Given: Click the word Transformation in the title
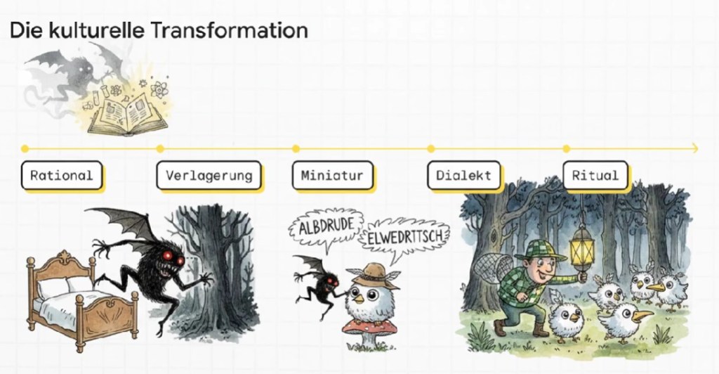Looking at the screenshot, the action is (228, 30).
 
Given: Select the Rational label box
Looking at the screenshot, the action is (62, 175).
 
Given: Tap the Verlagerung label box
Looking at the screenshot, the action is (209, 175).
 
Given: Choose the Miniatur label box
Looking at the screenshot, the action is (332, 175).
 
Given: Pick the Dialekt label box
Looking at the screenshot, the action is (463, 175).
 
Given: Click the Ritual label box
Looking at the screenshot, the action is (595, 175).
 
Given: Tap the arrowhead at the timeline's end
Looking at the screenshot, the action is (694, 148).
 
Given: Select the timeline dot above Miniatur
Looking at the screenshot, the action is (296, 148).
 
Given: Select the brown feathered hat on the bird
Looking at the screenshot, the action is (372, 276).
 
